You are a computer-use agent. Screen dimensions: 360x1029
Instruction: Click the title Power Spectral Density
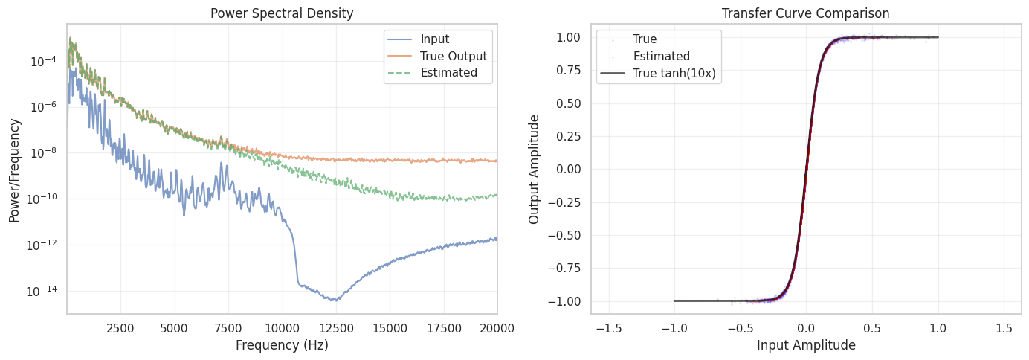[282, 13]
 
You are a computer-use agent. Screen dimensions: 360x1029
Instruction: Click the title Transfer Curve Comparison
[806, 13]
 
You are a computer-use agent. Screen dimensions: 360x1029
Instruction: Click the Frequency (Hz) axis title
[282, 345]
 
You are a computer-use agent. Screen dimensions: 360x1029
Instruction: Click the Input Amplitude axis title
[806, 345]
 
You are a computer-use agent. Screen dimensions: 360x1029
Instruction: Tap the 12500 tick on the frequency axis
[336, 327]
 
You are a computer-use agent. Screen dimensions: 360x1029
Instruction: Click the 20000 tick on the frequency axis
[497, 327]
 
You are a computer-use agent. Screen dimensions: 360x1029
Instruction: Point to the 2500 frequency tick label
[120, 327]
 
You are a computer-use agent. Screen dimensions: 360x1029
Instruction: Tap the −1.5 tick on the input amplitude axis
[609, 327]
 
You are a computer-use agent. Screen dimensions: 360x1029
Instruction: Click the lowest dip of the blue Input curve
[335, 300]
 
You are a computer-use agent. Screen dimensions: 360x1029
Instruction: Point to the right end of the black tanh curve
[938, 37]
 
